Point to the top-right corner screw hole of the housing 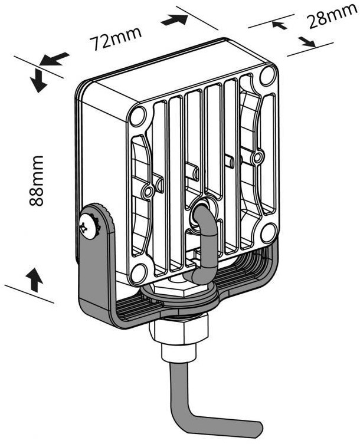[x=267, y=75]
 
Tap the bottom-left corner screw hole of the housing [x=138, y=272]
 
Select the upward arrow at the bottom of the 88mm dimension [x=35, y=279]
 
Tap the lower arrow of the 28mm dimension [x=306, y=42]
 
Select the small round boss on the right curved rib [x=256, y=157]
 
